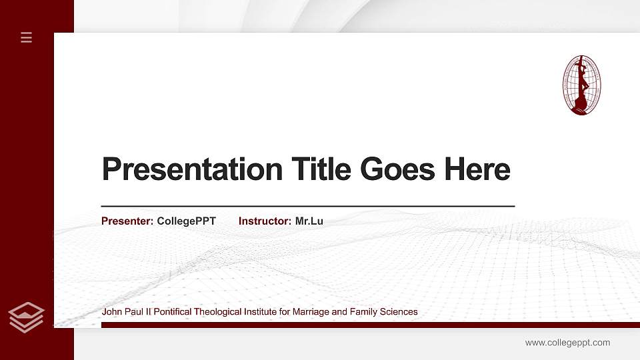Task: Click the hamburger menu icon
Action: (x=27, y=38)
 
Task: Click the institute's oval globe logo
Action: (x=581, y=85)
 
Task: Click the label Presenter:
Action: (x=127, y=221)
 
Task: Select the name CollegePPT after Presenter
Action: (x=187, y=221)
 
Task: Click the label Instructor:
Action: (x=265, y=221)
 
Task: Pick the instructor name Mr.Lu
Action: (x=309, y=221)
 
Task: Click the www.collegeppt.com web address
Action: (x=567, y=343)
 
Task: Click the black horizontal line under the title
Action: (x=307, y=207)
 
